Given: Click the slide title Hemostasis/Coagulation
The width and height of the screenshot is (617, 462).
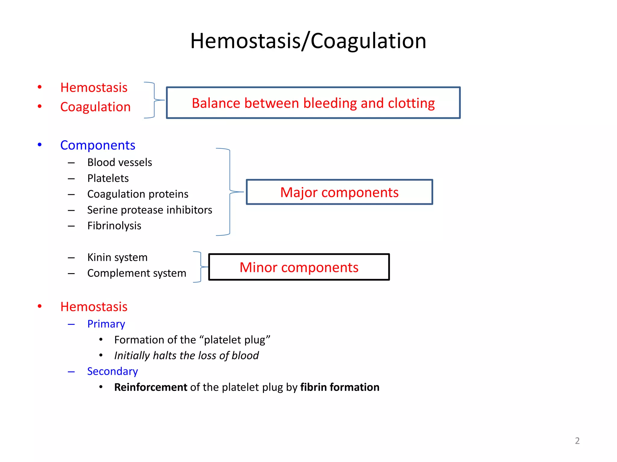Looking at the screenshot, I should (x=308, y=41).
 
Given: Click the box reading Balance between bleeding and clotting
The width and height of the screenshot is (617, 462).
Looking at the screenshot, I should (x=313, y=103).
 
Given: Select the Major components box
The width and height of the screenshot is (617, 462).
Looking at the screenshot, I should (x=339, y=192).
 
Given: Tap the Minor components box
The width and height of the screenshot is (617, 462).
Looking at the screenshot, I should (x=299, y=267).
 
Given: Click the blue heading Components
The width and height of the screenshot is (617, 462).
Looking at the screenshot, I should (x=98, y=145).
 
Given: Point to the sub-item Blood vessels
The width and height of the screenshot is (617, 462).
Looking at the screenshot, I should (x=120, y=162).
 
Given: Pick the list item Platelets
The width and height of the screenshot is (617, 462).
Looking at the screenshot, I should (x=108, y=178).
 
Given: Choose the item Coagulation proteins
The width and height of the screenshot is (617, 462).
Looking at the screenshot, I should (x=138, y=194).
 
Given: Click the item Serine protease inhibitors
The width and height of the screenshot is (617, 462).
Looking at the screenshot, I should (x=150, y=210).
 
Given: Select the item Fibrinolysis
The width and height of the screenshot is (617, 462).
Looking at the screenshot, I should (x=114, y=226).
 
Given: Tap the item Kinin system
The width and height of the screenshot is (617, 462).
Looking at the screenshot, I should (x=117, y=257).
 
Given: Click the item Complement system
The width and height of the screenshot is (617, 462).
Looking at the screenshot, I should (x=136, y=273).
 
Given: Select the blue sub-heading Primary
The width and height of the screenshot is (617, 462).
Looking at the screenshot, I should (x=106, y=324).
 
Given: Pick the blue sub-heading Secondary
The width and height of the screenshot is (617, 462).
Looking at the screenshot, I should (x=112, y=371).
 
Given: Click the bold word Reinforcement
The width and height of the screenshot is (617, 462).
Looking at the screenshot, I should (x=151, y=387).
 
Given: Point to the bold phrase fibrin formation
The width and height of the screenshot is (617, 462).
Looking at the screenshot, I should (x=340, y=387).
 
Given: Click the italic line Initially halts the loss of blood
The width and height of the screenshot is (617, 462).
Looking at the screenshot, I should (x=186, y=356).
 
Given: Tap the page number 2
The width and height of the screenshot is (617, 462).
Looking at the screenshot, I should (x=577, y=441).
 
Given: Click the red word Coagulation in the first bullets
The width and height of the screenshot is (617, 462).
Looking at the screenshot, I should (x=95, y=107).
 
